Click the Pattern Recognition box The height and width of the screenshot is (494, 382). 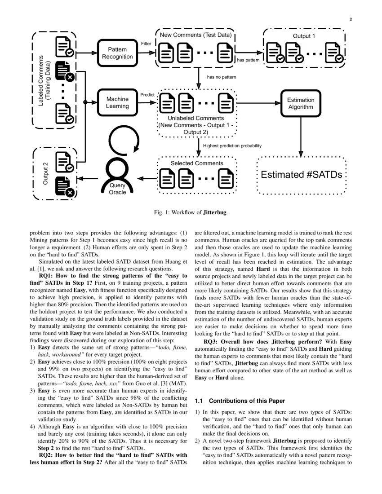click(117, 53)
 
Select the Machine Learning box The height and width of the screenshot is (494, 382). click(117, 102)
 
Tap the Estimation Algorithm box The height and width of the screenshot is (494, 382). click(301, 103)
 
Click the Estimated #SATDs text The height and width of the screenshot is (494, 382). click(301, 175)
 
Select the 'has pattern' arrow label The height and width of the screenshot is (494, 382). click(248, 60)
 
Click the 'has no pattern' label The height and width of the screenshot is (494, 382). click(221, 77)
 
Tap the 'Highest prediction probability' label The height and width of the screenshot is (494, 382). click(232, 146)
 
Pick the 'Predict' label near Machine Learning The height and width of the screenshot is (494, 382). click(147, 95)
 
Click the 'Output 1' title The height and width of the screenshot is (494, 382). click(304, 36)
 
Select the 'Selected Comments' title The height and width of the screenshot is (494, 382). click(196, 163)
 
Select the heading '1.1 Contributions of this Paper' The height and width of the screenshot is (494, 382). click(238, 401)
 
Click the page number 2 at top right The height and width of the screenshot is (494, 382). click(350, 19)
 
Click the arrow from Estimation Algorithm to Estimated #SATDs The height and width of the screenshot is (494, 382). click(301, 135)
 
